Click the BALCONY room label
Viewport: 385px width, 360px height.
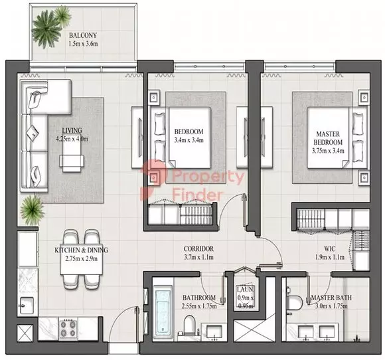coord(84,36)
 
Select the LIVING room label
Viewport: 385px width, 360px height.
coord(73,130)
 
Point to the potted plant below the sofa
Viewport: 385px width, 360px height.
coord(31,211)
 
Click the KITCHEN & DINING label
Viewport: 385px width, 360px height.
coord(82,250)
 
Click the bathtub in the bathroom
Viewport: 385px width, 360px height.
coord(163,309)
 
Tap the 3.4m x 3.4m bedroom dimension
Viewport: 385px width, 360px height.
coord(189,140)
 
